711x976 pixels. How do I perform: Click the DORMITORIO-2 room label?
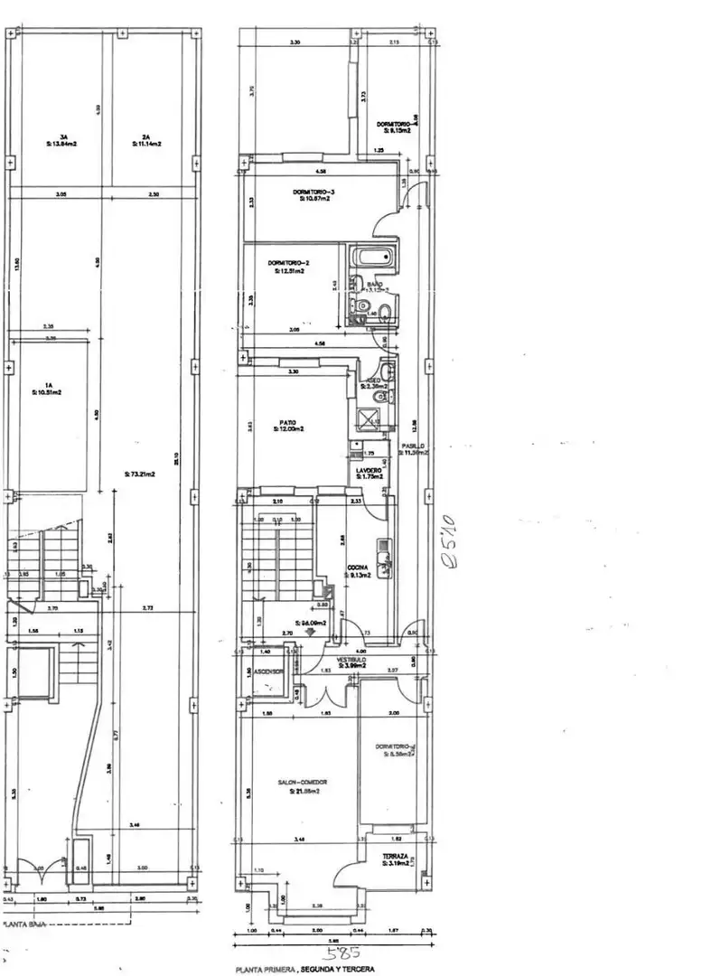[x=286, y=263]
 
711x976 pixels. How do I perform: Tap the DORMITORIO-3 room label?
[x=313, y=192]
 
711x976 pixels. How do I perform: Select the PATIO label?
[x=286, y=422]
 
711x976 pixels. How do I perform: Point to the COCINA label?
[x=357, y=568]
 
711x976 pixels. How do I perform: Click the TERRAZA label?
[x=395, y=856]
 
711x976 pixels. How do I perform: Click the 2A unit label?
[x=145, y=136]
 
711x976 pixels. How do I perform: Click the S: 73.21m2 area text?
[x=139, y=474]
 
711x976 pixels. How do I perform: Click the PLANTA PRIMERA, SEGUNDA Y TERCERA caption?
[x=304, y=969]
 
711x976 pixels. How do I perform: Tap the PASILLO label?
[x=415, y=446]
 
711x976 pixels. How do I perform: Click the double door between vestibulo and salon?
[x=326, y=696]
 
